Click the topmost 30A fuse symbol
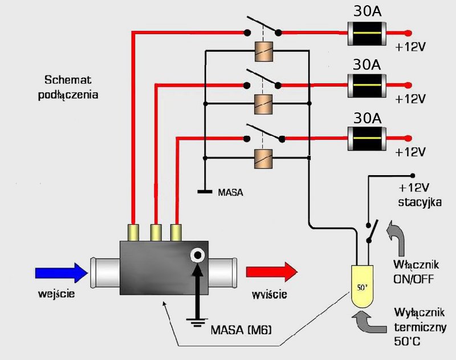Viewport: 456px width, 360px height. (368, 33)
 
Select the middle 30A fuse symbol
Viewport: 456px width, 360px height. (368, 87)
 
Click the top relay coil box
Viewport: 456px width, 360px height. (264, 51)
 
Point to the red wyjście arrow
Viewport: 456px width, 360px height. (271, 273)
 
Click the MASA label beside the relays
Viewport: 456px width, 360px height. (231, 193)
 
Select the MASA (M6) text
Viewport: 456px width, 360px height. (239, 329)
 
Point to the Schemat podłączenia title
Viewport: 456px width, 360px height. (72, 87)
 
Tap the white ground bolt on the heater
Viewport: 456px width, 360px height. (198, 256)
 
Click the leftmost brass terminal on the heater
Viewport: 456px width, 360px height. (135, 232)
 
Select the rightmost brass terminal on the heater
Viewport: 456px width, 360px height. (177, 232)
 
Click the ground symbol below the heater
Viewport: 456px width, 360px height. (197, 323)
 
